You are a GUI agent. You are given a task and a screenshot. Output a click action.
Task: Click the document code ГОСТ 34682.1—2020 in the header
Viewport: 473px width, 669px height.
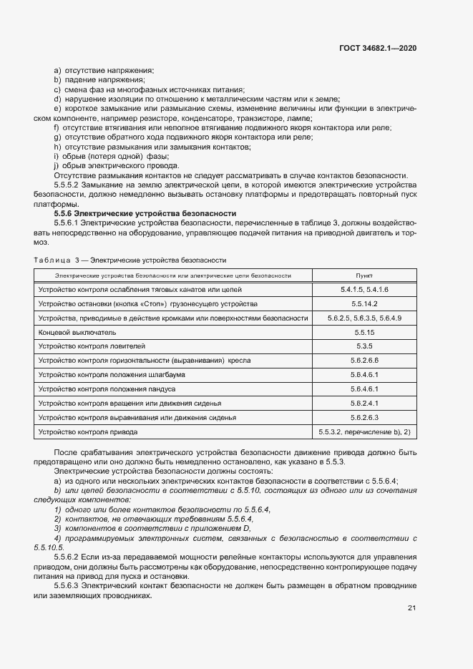[x=378, y=47]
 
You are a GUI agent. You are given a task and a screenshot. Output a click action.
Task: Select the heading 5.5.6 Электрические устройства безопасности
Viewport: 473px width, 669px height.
[x=145, y=214]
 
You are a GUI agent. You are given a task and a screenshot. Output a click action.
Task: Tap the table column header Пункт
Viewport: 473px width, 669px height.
[x=364, y=275]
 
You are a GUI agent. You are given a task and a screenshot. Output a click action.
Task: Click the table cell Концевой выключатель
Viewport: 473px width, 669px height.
[x=77, y=332]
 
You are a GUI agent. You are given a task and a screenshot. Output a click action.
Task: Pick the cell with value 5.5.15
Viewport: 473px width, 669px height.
[x=364, y=332]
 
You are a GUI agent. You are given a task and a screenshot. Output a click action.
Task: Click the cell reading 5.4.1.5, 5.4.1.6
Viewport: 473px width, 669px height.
[x=364, y=289]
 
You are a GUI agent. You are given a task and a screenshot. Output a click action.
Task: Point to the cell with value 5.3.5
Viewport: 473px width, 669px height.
[x=364, y=346]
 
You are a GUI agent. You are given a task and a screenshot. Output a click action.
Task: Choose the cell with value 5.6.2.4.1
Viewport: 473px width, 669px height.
[x=364, y=404]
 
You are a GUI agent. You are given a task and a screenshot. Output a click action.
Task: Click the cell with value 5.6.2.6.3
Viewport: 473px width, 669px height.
[x=364, y=418]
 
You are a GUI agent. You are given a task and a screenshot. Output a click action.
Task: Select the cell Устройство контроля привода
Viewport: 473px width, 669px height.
[x=87, y=432]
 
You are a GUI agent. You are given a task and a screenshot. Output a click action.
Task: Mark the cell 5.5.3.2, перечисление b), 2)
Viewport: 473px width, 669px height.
[x=364, y=432]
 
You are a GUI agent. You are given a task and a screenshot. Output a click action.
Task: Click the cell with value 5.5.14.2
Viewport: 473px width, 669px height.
[x=364, y=303]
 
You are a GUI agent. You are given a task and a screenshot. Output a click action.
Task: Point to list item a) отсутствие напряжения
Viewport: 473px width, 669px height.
[x=104, y=70]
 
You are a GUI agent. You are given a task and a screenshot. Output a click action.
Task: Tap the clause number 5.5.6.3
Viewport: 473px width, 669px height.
[x=69, y=585]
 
